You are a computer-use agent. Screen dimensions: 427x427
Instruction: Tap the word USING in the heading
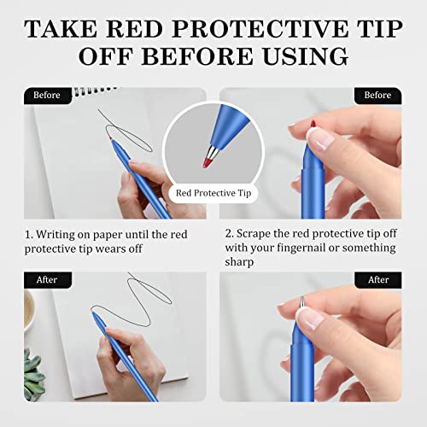coord(305,56)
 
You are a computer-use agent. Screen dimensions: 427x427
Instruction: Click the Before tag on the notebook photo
coord(48,95)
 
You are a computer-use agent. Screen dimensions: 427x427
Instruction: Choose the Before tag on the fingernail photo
coord(377,95)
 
